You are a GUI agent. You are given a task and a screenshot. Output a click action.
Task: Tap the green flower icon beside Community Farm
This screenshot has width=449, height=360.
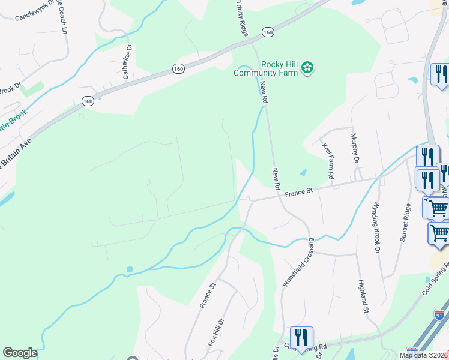[307, 68]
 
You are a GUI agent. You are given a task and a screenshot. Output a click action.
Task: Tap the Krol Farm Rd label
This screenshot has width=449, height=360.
[328, 161]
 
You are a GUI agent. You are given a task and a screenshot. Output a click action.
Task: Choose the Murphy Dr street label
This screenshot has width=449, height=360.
[355, 148]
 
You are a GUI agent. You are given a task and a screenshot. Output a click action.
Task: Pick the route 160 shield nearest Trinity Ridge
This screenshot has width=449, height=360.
[268, 32]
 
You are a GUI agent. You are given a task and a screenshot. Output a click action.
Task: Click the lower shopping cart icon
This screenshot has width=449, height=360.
[439, 233]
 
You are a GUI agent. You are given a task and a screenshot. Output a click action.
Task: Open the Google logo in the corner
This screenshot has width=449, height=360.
[20, 353]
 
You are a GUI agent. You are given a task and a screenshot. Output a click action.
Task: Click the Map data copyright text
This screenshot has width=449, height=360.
[423, 355]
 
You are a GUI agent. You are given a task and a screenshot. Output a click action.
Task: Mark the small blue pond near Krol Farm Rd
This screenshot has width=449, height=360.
[303, 173]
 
